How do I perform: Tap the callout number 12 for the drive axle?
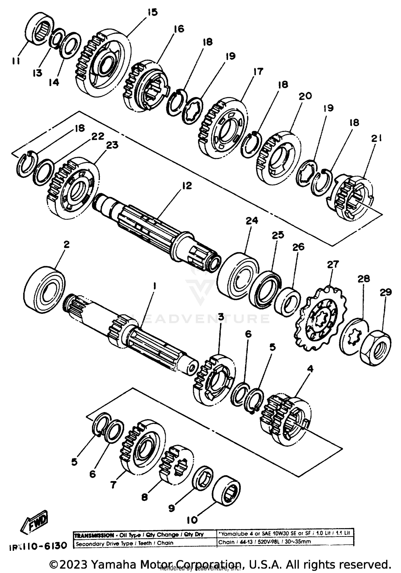(187, 185)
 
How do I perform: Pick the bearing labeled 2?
(44, 289)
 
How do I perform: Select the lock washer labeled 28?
(355, 336)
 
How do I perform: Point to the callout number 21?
(376, 138)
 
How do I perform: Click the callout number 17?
(258, 71)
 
